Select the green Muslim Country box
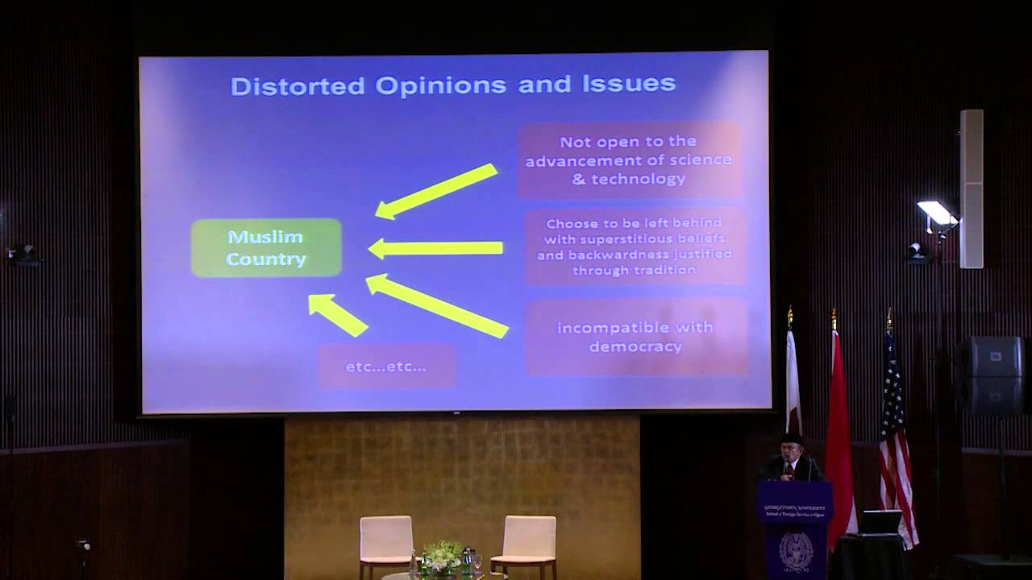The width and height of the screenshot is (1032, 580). (x=266, y=248)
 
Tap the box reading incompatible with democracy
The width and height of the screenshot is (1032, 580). (x=635, y=337)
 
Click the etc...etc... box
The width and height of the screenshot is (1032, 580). (x=386, y=367)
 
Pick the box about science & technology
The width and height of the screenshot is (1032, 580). (x=629, y=160)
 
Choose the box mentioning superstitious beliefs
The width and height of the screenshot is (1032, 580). (x=635, y=246)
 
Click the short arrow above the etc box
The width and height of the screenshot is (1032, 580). (x=337, y=314)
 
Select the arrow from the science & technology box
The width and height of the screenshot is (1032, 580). (x=436, y=191)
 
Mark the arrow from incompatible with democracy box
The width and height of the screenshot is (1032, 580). (x=436, y=305)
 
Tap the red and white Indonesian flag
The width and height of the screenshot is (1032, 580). (x=838, y=435)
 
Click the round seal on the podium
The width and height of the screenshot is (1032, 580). (x=796, y=549)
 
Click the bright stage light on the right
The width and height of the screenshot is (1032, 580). (x=937, y=213)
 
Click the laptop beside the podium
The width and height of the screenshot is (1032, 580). (x=880, y=523)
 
